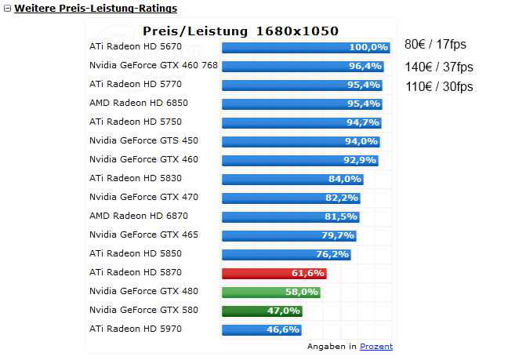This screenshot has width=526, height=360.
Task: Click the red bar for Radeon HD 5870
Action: (274, 273)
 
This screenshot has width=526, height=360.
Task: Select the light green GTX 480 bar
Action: (270, 292)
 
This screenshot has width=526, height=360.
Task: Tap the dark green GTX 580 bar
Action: (261, 311)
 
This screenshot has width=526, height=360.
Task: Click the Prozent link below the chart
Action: (376, 346)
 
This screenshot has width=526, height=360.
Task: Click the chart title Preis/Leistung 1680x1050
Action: (241, 31)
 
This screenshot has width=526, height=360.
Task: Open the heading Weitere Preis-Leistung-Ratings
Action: (96, 9)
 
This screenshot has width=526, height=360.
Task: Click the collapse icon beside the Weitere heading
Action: (7, 9)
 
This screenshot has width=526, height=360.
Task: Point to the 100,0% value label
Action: (368, 48)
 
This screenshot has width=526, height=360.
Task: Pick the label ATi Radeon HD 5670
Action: (136, 47)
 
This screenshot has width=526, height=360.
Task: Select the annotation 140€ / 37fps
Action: (439, 67)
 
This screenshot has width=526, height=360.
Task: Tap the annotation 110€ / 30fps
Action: (439, 86)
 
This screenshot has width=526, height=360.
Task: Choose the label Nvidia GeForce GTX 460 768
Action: (154, 66)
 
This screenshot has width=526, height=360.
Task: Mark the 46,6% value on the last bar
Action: (284, 329)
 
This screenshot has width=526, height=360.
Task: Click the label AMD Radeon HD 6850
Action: (139, 103)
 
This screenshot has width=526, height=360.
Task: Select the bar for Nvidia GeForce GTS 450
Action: (300, 141)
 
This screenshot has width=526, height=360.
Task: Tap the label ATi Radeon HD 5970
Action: (136, 329)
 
